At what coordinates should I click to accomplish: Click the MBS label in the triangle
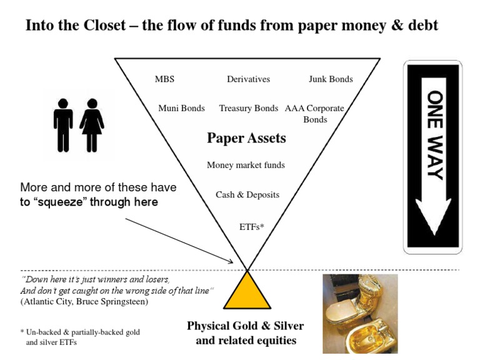pos(164,79)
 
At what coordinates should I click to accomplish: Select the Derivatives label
pos(248,79)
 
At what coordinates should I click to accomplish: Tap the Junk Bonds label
pos(331,79)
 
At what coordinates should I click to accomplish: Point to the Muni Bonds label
pos(181,108)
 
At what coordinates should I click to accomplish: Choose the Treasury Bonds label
pos(248,108)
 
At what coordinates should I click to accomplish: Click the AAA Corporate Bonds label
pos(314,113)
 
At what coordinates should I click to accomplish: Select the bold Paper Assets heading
pos(246,138)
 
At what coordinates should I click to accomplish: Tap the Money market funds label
pos(246,165)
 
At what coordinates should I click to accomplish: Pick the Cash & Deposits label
pos(247,194)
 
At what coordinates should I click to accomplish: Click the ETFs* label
pos(252,227)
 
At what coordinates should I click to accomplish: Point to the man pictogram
pos(63,125)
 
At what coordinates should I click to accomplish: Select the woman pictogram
pos(92,125)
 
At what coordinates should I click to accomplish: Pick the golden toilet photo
pos(359,313)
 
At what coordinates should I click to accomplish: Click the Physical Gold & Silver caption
pos(246,326)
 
